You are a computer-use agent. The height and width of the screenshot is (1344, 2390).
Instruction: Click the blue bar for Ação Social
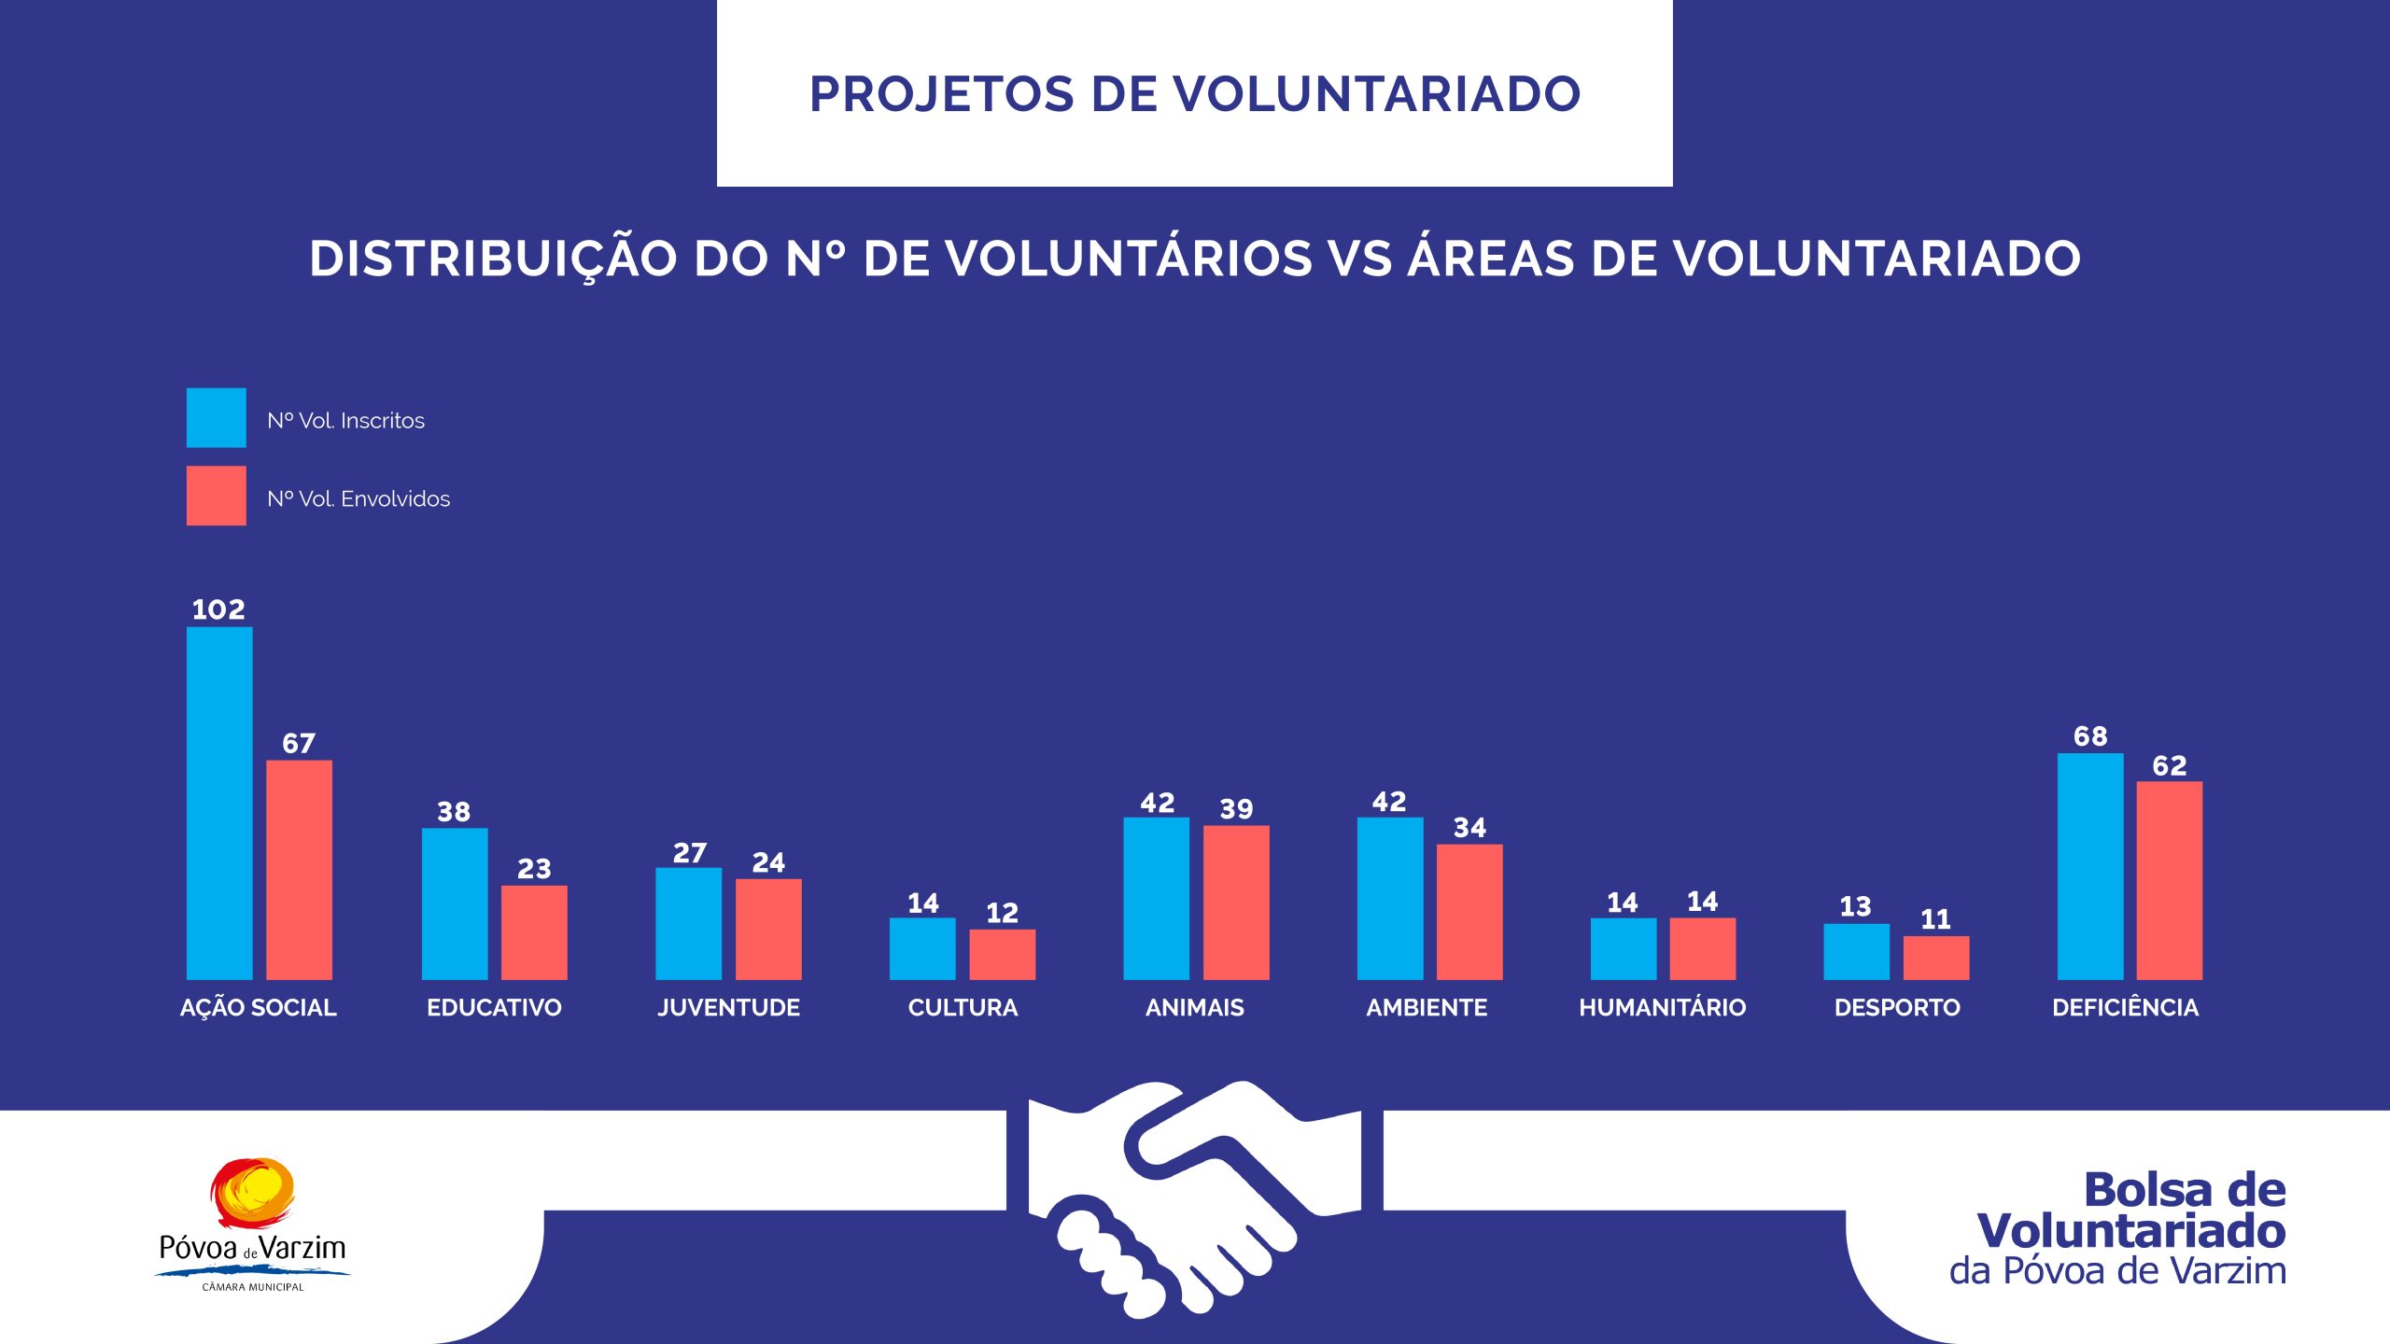[x=219, y=803]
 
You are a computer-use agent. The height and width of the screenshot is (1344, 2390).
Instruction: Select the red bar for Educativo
[x=534, y=932]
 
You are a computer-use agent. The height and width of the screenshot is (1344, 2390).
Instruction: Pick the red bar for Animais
[x=1236, y=903]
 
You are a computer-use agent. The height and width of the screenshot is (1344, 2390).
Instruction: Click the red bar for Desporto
[x=1936, y=958]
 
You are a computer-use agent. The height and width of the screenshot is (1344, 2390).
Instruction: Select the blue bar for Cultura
[x=922, y=948]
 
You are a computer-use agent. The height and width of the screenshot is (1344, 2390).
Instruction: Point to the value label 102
[x=218, y=610]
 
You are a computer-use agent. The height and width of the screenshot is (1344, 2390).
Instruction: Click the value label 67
[x=299, y=744]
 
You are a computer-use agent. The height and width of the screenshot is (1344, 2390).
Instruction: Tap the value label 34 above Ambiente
[x=1469, y=828]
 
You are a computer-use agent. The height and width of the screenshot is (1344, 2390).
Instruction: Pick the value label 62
[x=2170, y=766]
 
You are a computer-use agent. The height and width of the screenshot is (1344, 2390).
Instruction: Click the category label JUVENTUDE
[x=728, y=1008]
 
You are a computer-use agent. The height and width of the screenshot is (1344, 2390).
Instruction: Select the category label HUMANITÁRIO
[x=1662, y=1008]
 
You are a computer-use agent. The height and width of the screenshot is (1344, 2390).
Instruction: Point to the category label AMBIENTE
[x=1427, y=1008]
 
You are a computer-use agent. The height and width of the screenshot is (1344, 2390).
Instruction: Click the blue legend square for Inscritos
[x=216, y=417]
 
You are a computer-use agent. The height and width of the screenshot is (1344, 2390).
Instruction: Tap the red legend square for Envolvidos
[x=216, y=496]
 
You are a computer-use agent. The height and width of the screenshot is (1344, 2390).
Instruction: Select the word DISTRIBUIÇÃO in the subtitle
[x=493, y=259]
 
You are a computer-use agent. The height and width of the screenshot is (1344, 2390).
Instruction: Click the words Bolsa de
[x=2185, y=1190]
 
